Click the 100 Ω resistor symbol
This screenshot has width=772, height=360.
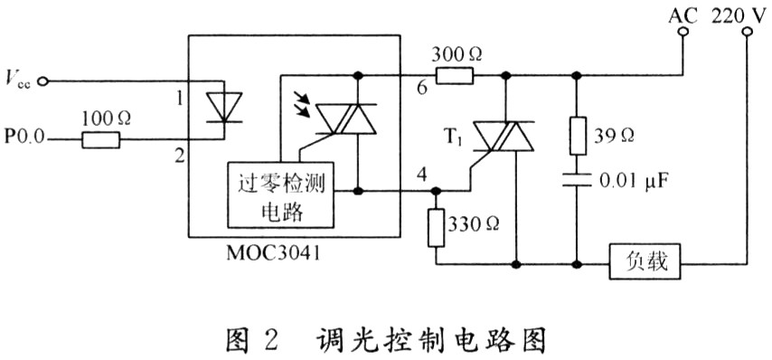point(100,140)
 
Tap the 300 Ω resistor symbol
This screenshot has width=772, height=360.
point(455,75)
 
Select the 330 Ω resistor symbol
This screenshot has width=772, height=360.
point(437,228)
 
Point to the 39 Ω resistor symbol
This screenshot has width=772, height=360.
point(577,137)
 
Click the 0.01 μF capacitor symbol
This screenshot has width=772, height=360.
point(577,180)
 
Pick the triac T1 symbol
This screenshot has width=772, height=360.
point(504,137)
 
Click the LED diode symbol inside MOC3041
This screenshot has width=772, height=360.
point(224,107)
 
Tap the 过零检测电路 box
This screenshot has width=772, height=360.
point(280,194)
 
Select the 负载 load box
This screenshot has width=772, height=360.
point(645,261)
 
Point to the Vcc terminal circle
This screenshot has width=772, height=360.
point(42,81)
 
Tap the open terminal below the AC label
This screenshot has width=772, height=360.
point(683,32)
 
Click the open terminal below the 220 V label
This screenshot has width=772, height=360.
point(747,32)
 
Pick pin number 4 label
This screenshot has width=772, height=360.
point(421,175)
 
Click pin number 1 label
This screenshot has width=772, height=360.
point(180,101)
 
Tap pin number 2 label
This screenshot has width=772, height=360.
point(181,157)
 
